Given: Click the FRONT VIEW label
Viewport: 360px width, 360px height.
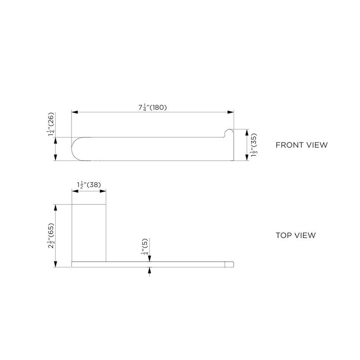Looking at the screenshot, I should coord(301,145).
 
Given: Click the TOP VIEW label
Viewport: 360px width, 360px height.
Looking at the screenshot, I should coord(295,235).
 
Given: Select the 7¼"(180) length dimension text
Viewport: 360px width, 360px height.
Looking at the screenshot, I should coord(153,107).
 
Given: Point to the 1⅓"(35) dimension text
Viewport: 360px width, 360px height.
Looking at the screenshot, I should coord(253,145).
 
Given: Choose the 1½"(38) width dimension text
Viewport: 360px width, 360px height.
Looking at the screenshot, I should coord(89,184).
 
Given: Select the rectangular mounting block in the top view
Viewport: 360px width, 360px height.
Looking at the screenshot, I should coord(89,232).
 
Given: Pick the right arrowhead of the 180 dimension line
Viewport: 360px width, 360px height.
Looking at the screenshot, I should coord(232,112).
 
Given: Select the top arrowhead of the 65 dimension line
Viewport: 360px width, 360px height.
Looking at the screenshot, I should coord(55,207).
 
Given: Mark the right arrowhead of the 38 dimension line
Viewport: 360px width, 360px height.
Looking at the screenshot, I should coord(104,191).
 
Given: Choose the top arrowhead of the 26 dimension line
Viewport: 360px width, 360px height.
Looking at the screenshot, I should coord(55,139).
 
